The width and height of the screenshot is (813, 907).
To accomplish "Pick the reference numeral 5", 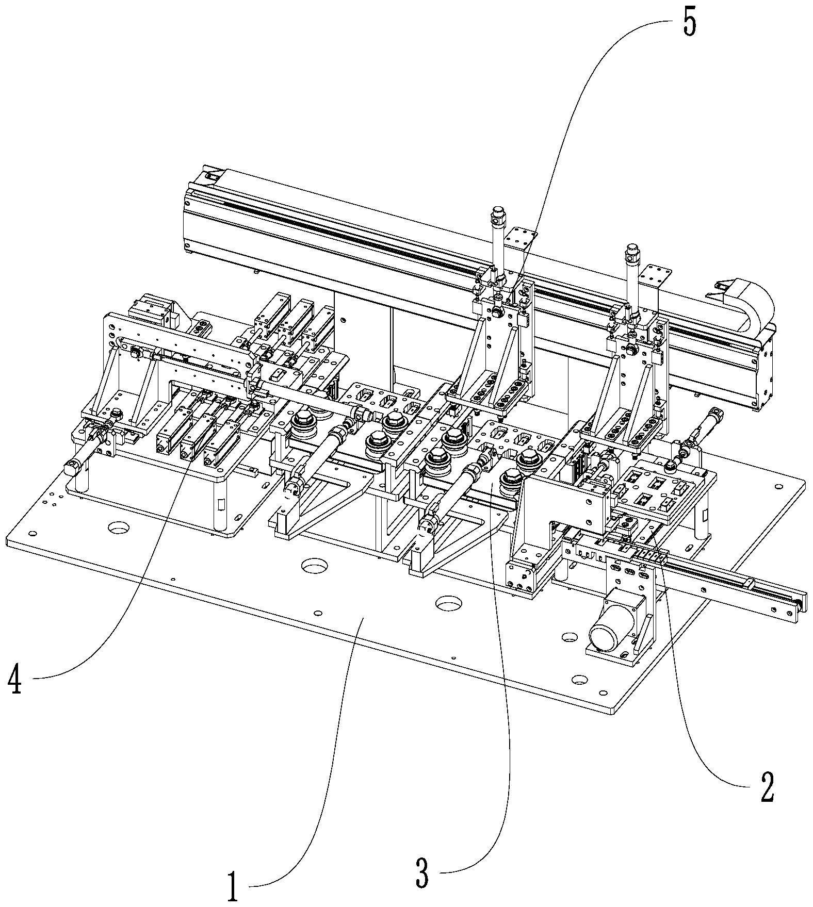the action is [x=690, y=21].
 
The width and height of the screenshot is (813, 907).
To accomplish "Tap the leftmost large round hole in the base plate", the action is [x=119, y=527].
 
